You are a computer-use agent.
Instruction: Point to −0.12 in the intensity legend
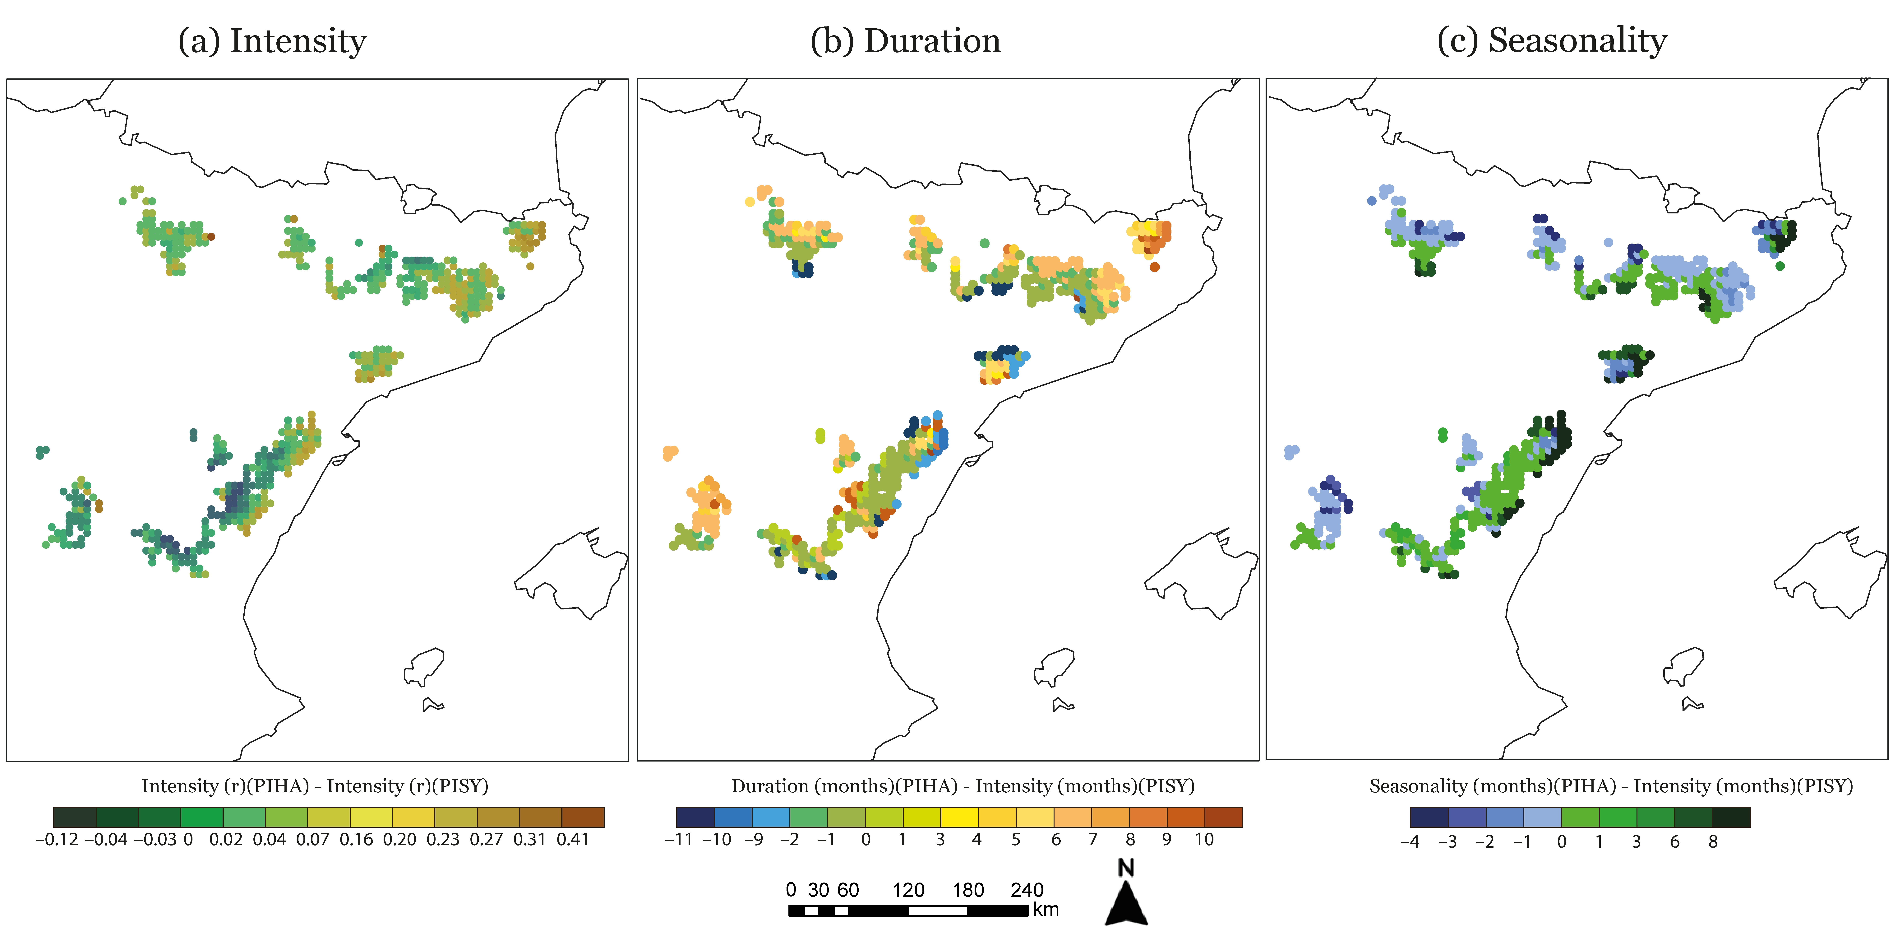pyautogui.click(x=57, y=840)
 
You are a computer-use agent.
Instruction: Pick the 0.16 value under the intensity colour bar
pyautogui.click(x=357, y=840)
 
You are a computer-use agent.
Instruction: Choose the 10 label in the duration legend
pyautogui.click(x=1204, y=840)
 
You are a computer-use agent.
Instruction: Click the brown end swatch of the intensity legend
pyautogui.click(x=583, y=817)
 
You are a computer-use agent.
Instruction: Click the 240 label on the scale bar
pyautogui.click(x=1027, y=890)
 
